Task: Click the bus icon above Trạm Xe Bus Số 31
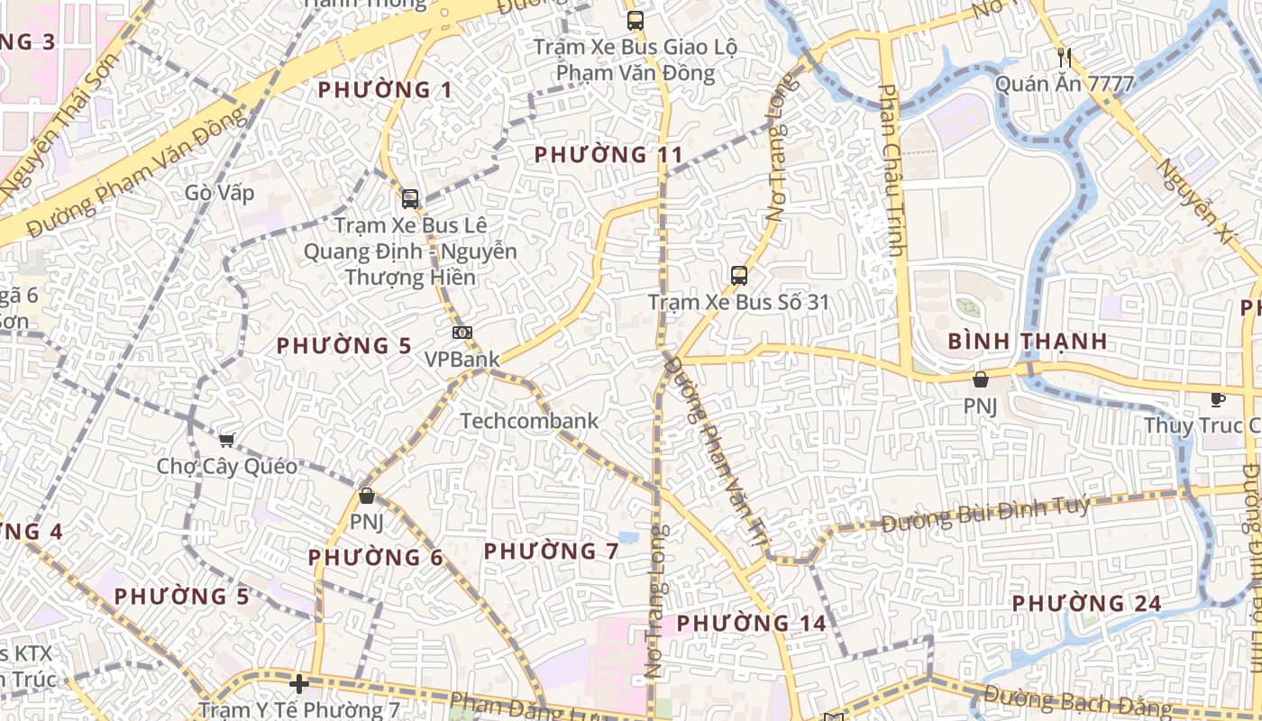tap(739, 276)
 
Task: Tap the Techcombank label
tap(529, 421)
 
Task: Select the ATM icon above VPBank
tap(462, 333)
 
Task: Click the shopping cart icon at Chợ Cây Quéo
tap(226, 440)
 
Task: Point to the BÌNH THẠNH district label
tap(1028, 342)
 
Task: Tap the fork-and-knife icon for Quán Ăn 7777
tap(1065, 59)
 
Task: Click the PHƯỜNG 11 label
tap(608, 155)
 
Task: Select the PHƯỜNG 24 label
tap(1086, 603)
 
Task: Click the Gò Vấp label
tap(219, 193)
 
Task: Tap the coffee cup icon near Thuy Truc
tap(1217, 399)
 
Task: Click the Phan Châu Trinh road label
tap(892, 171)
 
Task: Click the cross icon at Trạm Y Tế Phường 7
tap(299, 684)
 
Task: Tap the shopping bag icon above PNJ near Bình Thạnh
tap(980, 379)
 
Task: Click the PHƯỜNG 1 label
tap(385, 90)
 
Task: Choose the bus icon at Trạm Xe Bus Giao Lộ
tap(636, 20)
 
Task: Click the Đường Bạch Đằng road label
tap(1077, 700)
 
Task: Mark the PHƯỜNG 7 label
tap(551, 551)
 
